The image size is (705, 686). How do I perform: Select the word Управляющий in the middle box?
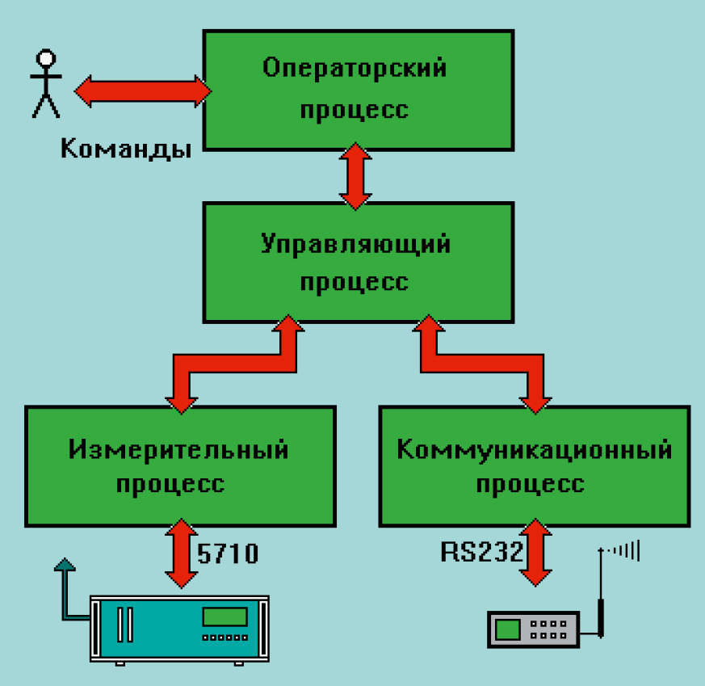click(x=355, y=244)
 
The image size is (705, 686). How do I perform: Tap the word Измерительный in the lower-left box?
click(x=178, y=449)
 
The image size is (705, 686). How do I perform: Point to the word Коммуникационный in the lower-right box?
click(x=534, y=449)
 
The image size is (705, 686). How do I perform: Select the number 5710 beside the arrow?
click(x=228, y=553)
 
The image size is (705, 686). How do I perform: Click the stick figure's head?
click(x=46, y=59)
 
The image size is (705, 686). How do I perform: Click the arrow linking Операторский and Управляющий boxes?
click(x=355, y=176)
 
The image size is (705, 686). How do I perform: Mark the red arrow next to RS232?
click(x=534, y=553)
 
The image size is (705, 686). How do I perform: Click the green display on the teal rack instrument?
click(x=225, y=617)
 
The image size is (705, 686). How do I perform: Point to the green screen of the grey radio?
click(x=508, y=629)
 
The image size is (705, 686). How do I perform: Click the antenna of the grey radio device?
click(x=599, y=590)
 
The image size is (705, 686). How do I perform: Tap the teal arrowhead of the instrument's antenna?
click(x=63, y=563)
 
